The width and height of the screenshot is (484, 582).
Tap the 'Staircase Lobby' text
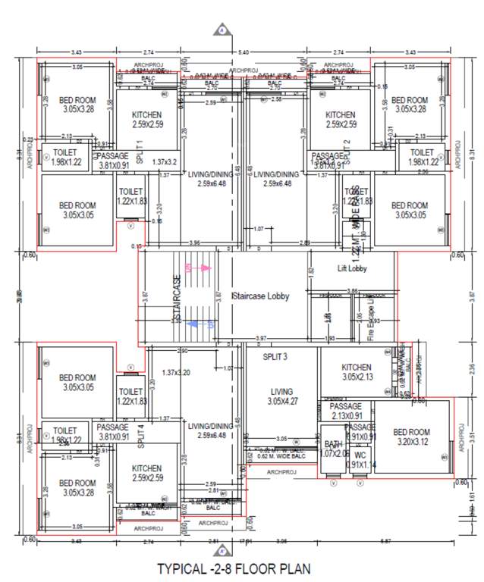260,296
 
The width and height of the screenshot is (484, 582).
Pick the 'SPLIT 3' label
279,357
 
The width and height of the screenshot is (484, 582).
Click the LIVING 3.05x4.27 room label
281,398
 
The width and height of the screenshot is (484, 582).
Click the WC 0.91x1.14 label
360,460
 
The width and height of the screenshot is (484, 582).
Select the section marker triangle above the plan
222,30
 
